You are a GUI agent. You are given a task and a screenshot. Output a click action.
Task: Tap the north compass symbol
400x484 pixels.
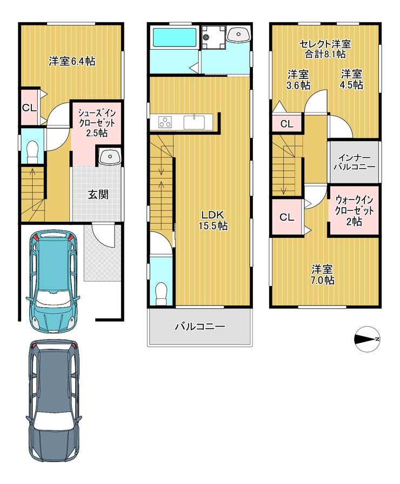click(x=367, y=339)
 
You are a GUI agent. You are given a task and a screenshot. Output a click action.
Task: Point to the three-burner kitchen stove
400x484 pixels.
click(x=165, y=122)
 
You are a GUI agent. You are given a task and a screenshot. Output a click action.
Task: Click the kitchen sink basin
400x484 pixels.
click(x=194, y=122)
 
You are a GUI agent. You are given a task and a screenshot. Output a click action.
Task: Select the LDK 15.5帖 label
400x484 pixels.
click(x=212, y=220)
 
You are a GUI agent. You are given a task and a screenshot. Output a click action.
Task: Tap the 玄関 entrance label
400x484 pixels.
click(x=98, y=195)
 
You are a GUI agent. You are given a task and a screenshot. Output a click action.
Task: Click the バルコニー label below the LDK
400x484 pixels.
click(x=200, y=327)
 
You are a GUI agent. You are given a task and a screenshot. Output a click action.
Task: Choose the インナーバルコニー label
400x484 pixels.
click(x=354, y=162)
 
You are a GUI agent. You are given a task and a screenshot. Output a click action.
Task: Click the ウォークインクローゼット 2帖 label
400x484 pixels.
click(x=354, y=210)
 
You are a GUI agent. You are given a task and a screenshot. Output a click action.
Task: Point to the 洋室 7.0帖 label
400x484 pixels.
click(x=323, y=275)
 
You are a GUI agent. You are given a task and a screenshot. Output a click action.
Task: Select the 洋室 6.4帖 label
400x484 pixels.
click(x=72, y=62)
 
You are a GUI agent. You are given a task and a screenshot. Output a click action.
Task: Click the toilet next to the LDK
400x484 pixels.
click(x=161, y=294)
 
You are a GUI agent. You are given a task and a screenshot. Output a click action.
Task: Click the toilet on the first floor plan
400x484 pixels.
click(x=32, y=152)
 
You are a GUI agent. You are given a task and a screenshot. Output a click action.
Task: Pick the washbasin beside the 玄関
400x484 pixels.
click(x=110, y=157)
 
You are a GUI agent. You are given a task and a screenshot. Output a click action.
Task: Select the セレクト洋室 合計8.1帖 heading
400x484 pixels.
click(x=325, y=49)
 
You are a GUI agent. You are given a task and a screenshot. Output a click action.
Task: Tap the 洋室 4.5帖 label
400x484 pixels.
click(x=351, y=79)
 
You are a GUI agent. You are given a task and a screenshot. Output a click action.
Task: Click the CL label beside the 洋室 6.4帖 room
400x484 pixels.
click(x=29, y=108)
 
